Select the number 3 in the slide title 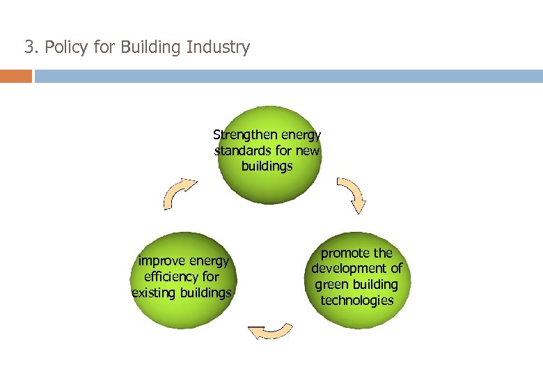tap(29, 47)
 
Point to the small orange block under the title tap(15, 76)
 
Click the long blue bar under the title tap(289, 76)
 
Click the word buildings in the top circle tap(267, 166)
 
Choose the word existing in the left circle tap(153, 293)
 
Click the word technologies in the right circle tap(357, 301)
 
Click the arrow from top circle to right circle tap(352, 194)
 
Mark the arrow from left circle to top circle tap(180, 192)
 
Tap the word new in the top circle tap(308, 150)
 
